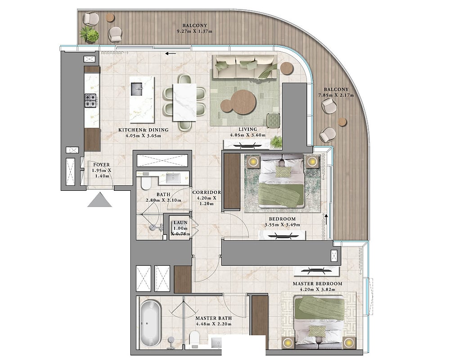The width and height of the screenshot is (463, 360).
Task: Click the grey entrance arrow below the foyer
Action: coord(99,200)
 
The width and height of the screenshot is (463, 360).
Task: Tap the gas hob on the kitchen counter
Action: coord(90,100)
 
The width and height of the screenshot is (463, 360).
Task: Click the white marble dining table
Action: coord(184,102)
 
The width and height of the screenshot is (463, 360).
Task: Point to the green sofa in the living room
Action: coord(245,67)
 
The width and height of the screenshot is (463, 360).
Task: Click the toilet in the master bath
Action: coord(194,339)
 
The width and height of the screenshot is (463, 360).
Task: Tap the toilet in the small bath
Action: coord(146,182)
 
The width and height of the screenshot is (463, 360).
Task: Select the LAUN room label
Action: coord(180,223)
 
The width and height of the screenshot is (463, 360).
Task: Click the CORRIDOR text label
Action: coord(207,192)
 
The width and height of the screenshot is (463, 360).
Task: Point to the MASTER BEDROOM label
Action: coord(317,283)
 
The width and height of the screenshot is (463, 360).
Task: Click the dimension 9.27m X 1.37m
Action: coord(194,31)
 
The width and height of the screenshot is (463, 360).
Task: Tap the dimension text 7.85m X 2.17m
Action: coord(336,95)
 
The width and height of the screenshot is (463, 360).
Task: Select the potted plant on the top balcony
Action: coord(89,35)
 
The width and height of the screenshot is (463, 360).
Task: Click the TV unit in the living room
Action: coord(247,144)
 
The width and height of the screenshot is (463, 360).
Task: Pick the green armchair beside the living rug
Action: coord(274,121)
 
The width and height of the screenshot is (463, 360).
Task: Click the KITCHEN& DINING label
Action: coord(144,130)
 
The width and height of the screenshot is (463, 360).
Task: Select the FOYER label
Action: coord(102,165)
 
